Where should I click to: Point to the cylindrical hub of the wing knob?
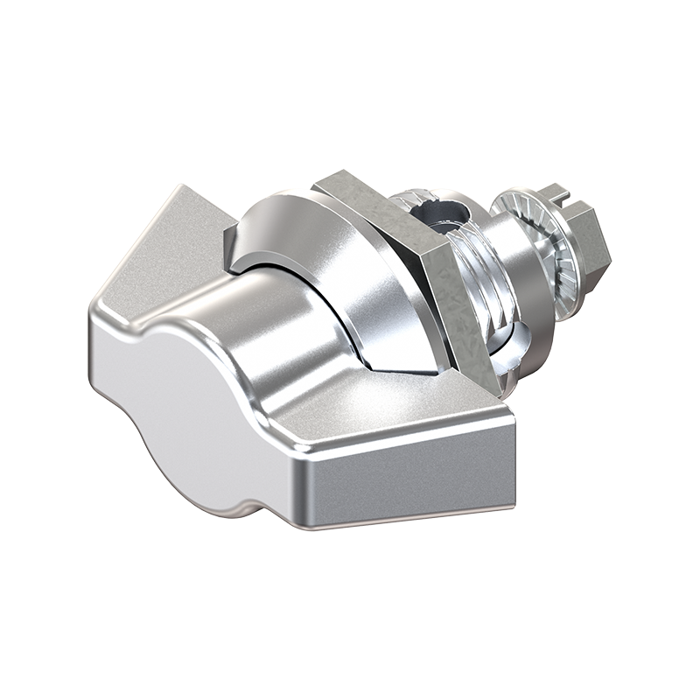[x=289, y=324]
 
